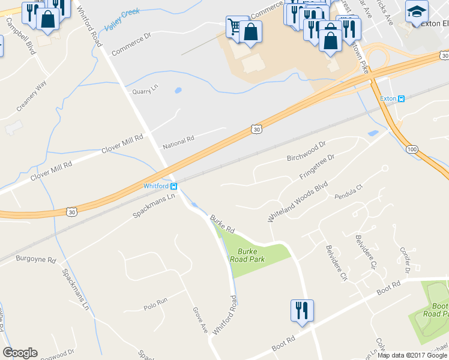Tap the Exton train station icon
coord(402,98)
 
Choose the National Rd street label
coord(178,141)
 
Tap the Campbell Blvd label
coord(20,36)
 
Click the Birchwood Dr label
coord(306,152)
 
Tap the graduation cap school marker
coord(417,12)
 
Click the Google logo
coord(20,353)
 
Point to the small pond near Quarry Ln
coord(178,91)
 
